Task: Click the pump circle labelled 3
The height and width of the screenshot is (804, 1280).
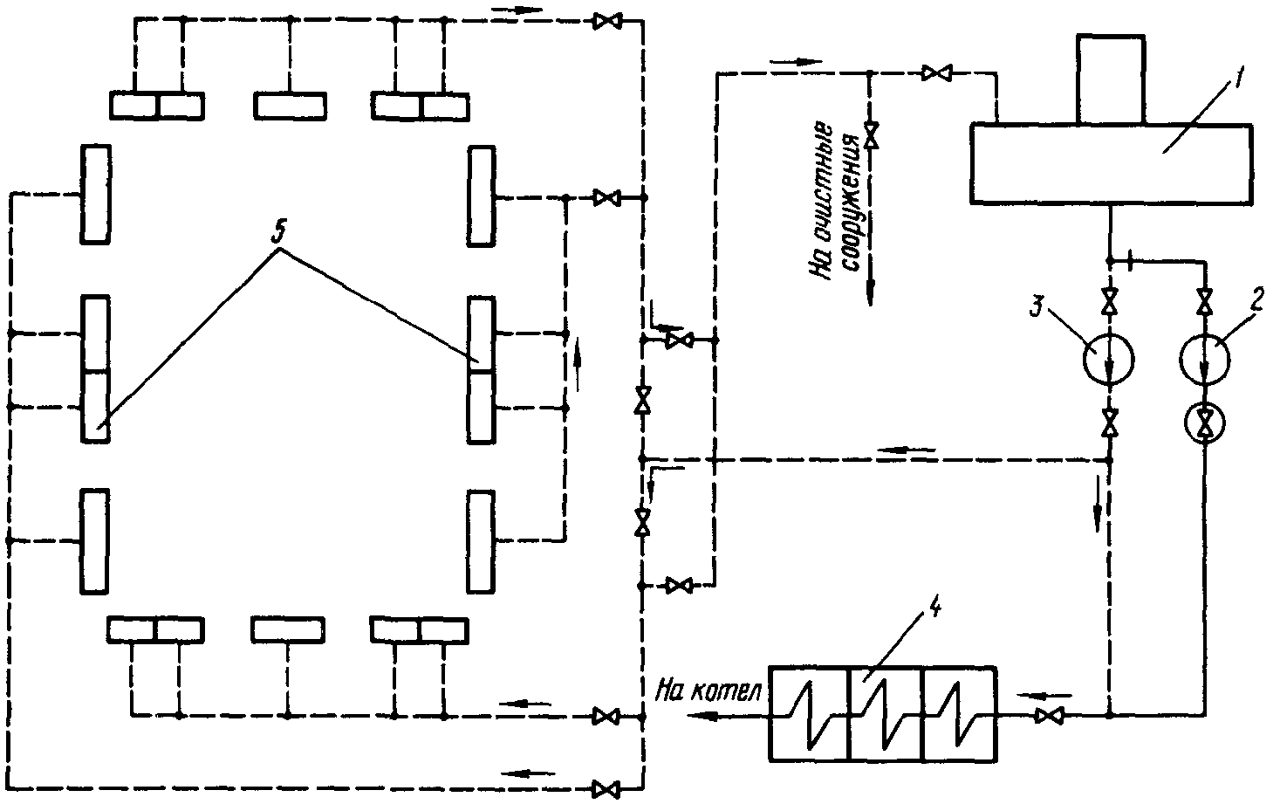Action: pos(1109,358)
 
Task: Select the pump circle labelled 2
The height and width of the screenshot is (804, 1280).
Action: pos(1204,358)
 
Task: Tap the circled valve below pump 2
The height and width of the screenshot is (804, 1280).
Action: pos(1204,424)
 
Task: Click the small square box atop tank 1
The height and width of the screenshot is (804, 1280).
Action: pos(1109,79)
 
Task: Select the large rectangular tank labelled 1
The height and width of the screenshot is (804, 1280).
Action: pos(1112,164)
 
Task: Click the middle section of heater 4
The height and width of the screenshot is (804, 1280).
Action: pos(886,712)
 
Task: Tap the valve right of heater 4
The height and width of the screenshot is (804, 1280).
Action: pos(1048,716)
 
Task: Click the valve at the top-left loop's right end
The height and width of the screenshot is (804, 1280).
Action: pos(603,21)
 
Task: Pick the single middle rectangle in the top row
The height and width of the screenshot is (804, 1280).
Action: pos(291,105)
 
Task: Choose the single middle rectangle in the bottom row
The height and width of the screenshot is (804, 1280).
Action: pos(288,629)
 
